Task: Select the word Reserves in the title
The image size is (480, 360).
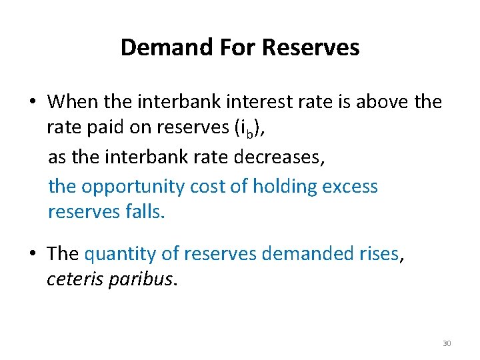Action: (311, 47)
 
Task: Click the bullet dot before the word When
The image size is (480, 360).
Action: (32, 102)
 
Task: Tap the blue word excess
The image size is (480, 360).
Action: (350, 187)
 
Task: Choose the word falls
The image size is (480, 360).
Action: (143, 212)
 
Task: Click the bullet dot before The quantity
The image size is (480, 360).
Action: (32, 253)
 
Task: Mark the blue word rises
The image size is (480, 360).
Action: (378, 253)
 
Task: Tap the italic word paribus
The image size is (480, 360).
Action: (141, 279)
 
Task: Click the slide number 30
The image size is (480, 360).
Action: (447, 343)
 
